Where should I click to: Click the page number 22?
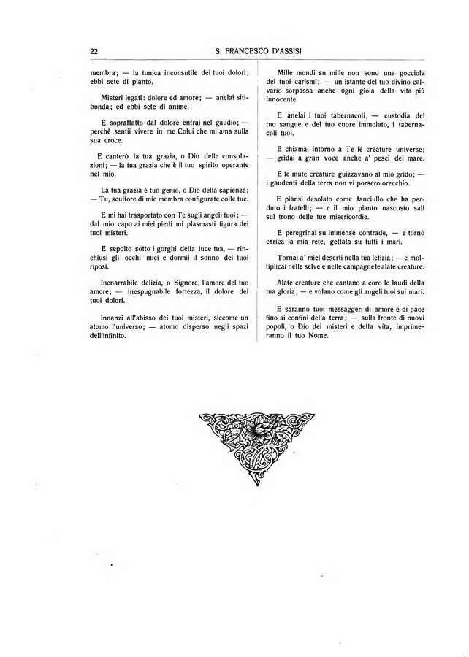pyautogui.click(x=94, y=51)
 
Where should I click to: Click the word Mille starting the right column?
pyautogui.click(x=281, y=72)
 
